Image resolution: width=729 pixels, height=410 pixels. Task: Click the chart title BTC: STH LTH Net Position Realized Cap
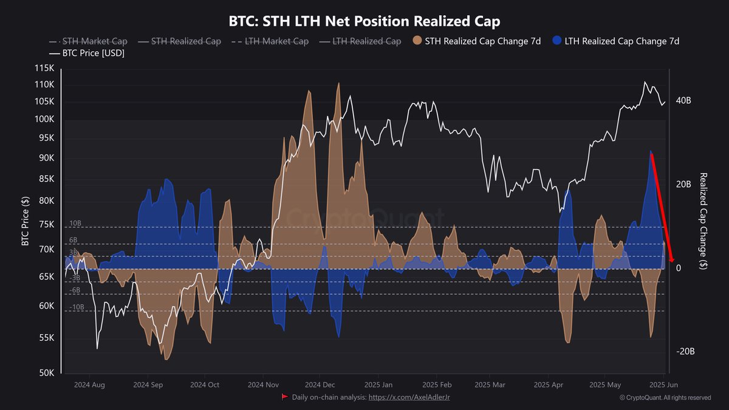[364, 22]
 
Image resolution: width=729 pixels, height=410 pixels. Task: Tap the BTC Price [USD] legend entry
[91, 53]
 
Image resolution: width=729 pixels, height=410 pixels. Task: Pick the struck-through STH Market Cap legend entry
[95, 41]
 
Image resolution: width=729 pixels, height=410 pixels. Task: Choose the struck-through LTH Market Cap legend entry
[276, 41]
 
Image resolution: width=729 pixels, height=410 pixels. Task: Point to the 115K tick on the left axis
[45, 68]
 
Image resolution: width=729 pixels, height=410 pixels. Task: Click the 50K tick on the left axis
[47, 373]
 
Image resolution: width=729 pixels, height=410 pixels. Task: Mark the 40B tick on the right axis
[684, 100]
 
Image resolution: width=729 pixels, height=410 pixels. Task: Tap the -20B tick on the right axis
[685, 352]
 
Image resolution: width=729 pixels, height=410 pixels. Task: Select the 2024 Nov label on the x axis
[264, 384]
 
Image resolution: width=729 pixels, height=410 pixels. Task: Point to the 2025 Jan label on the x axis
[378, 384]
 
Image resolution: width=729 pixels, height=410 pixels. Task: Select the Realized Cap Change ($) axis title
[703, 221]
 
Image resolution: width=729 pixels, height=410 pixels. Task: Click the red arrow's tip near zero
[672, 261]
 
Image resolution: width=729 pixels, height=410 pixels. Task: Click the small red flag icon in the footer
[284, 397]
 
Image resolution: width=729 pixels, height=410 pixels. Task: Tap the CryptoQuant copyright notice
[665, 398]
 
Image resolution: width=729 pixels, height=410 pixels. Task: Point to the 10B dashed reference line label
[75, 224]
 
